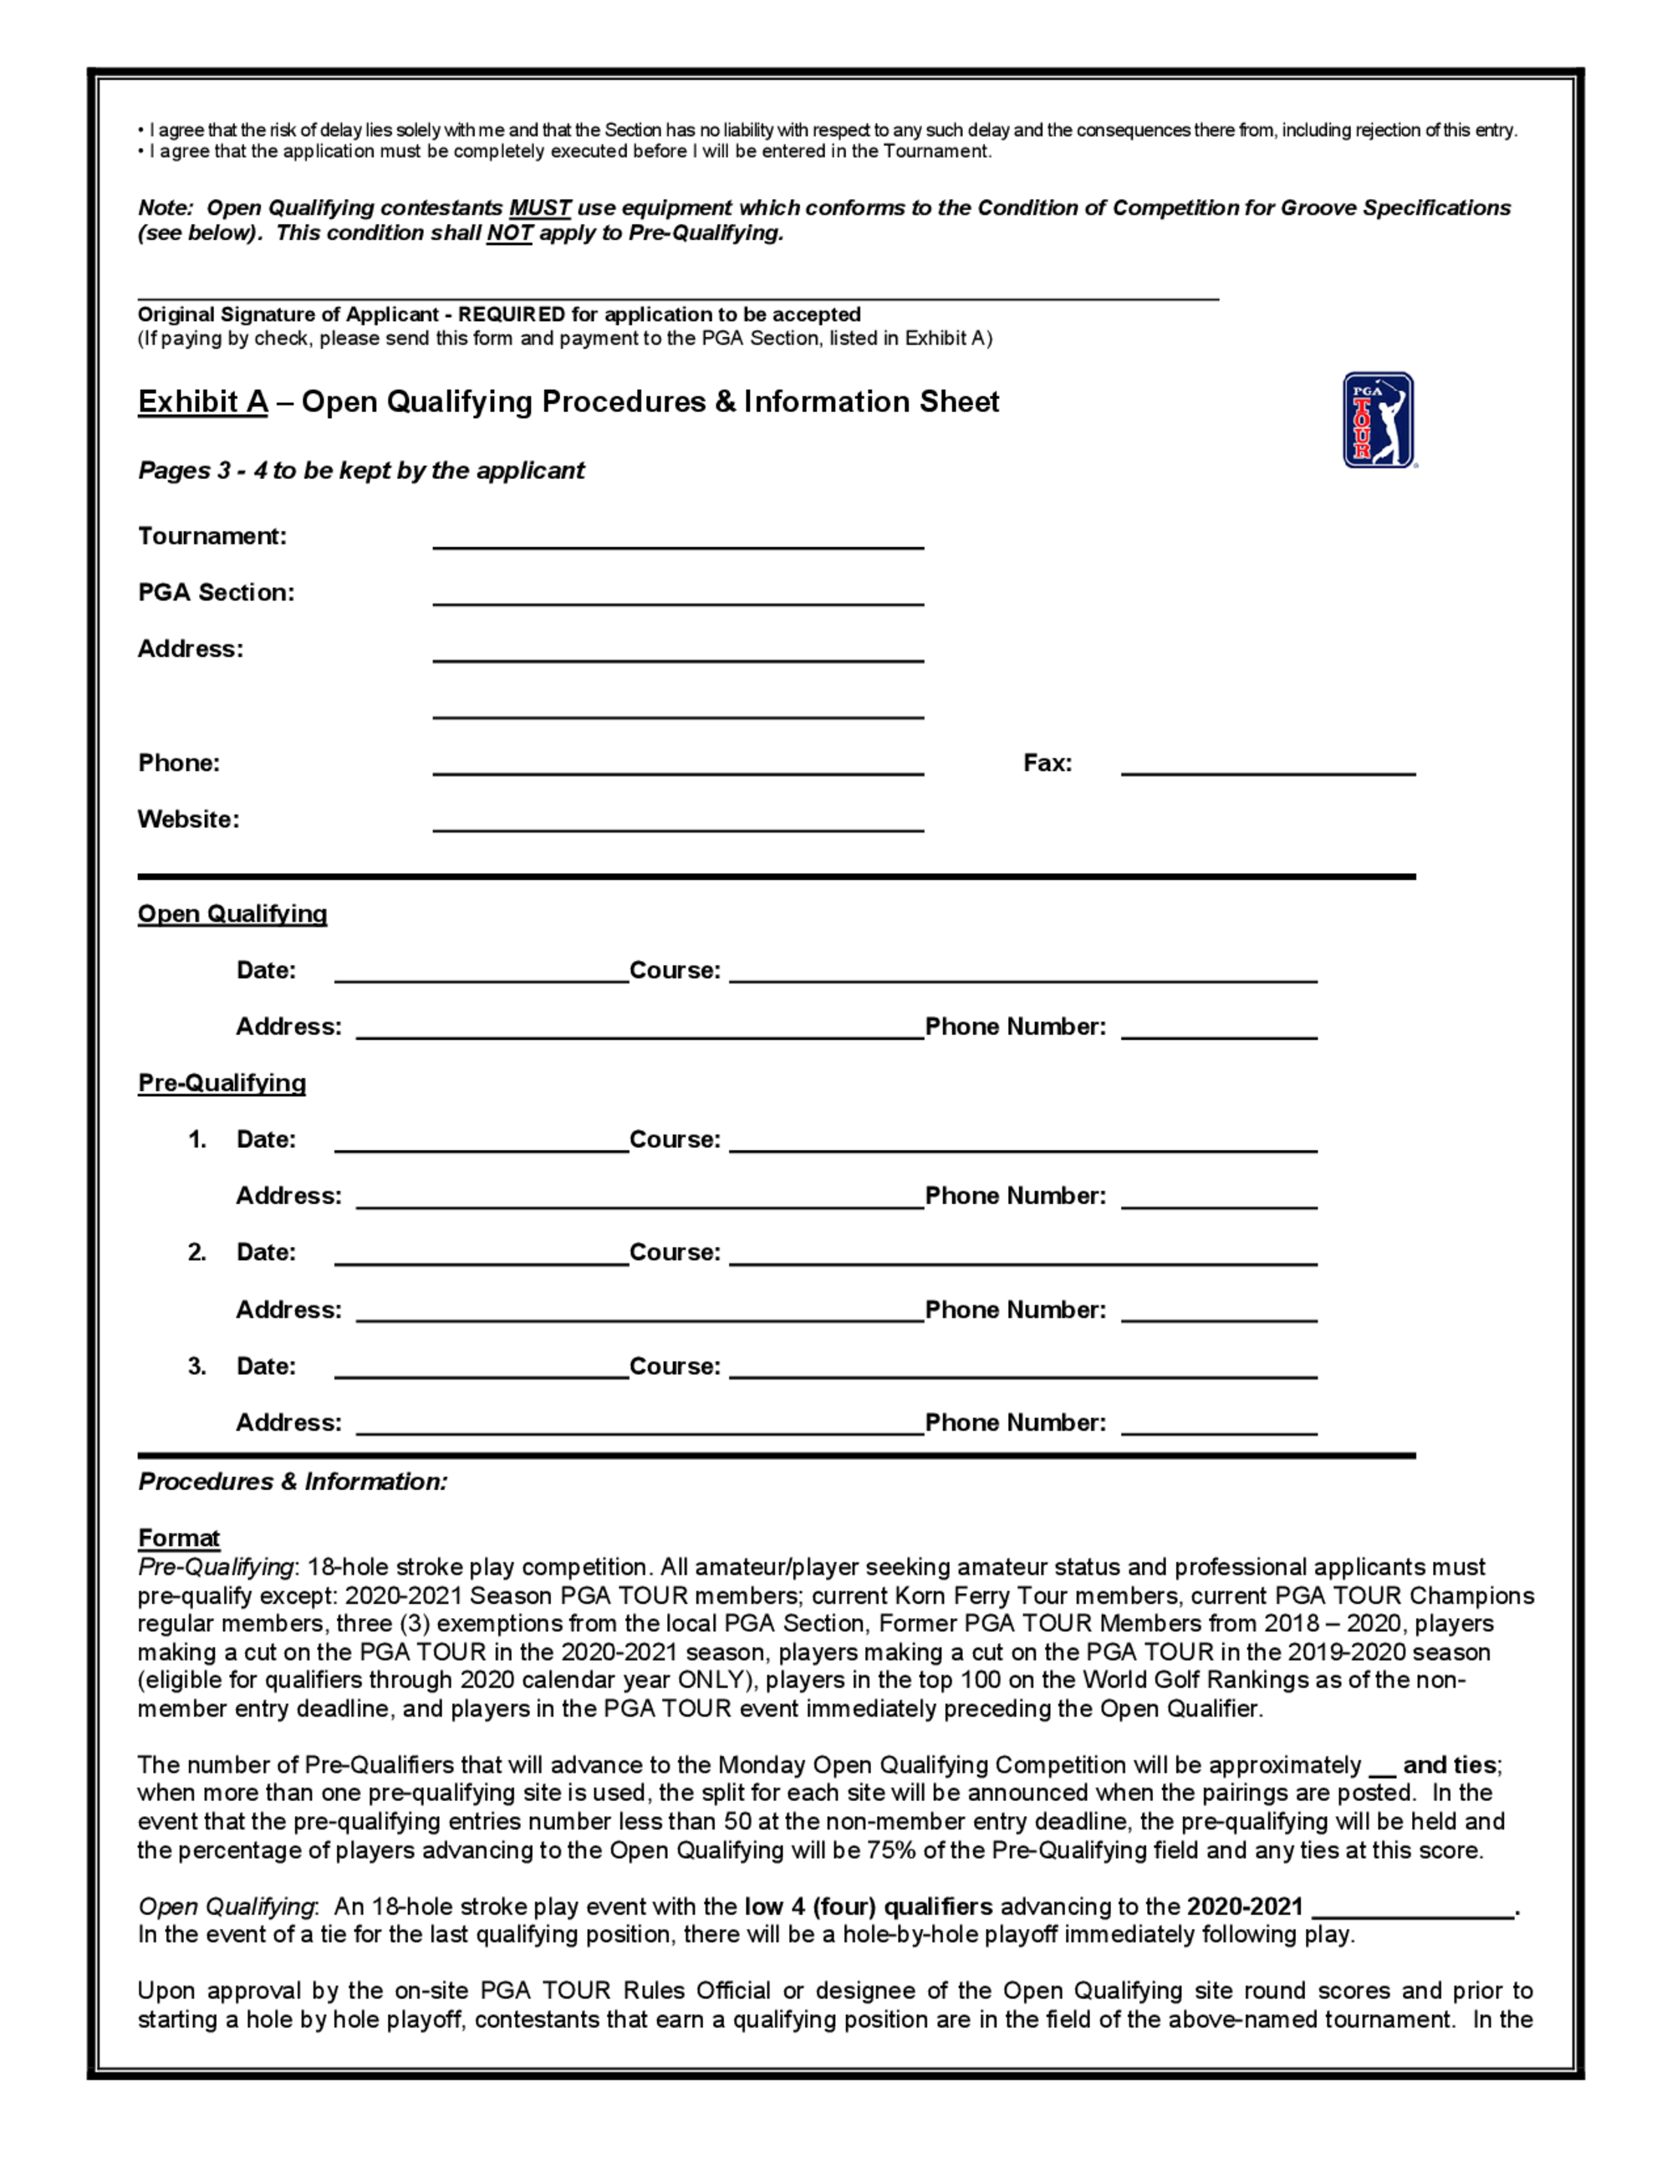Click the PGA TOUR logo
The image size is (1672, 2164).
tap(1378, 419)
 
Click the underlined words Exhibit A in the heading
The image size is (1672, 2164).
tap(202, 402)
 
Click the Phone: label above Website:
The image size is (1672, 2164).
tap(178, 763)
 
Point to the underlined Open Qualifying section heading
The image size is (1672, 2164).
tap(232, 914)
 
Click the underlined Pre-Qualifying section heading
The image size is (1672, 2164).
tap(221, 1083)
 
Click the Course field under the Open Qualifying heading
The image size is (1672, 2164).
tap(1022, 972)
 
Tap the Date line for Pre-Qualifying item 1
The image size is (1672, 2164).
tap(482, 1141)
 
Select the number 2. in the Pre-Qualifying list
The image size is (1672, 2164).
tap(197, 1253)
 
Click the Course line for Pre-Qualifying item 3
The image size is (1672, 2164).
tap(1022, 1368)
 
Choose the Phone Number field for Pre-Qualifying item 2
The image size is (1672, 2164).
tap(1218, 1312)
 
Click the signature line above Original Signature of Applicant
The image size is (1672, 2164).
tap(677, 291)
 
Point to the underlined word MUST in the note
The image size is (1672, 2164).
tap(540, 208)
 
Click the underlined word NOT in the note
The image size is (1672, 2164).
tap(509, 232)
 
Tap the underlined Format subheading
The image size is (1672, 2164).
tap(178, 1538)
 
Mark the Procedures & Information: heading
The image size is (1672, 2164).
tap(293, 1482)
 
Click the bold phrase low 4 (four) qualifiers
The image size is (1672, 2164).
tap(868, 1906)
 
